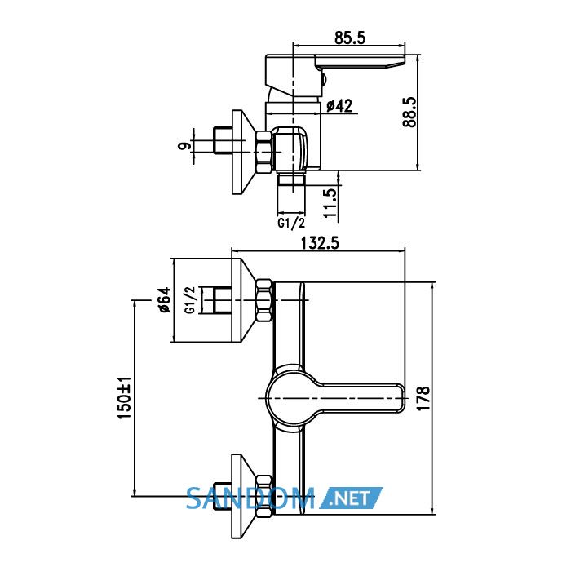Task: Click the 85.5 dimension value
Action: point(350,38)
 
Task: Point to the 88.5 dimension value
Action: point(409,112)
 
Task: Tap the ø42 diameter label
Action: point(339,106)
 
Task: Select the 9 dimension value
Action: point(184,146)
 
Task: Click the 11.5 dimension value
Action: point(330,203)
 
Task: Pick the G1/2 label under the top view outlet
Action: point(291,223)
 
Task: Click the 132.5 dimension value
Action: point(320,243)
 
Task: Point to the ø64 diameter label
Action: point(164,299)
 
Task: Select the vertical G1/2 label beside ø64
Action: point(190,299)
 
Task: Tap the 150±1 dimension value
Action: point(125,397)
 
